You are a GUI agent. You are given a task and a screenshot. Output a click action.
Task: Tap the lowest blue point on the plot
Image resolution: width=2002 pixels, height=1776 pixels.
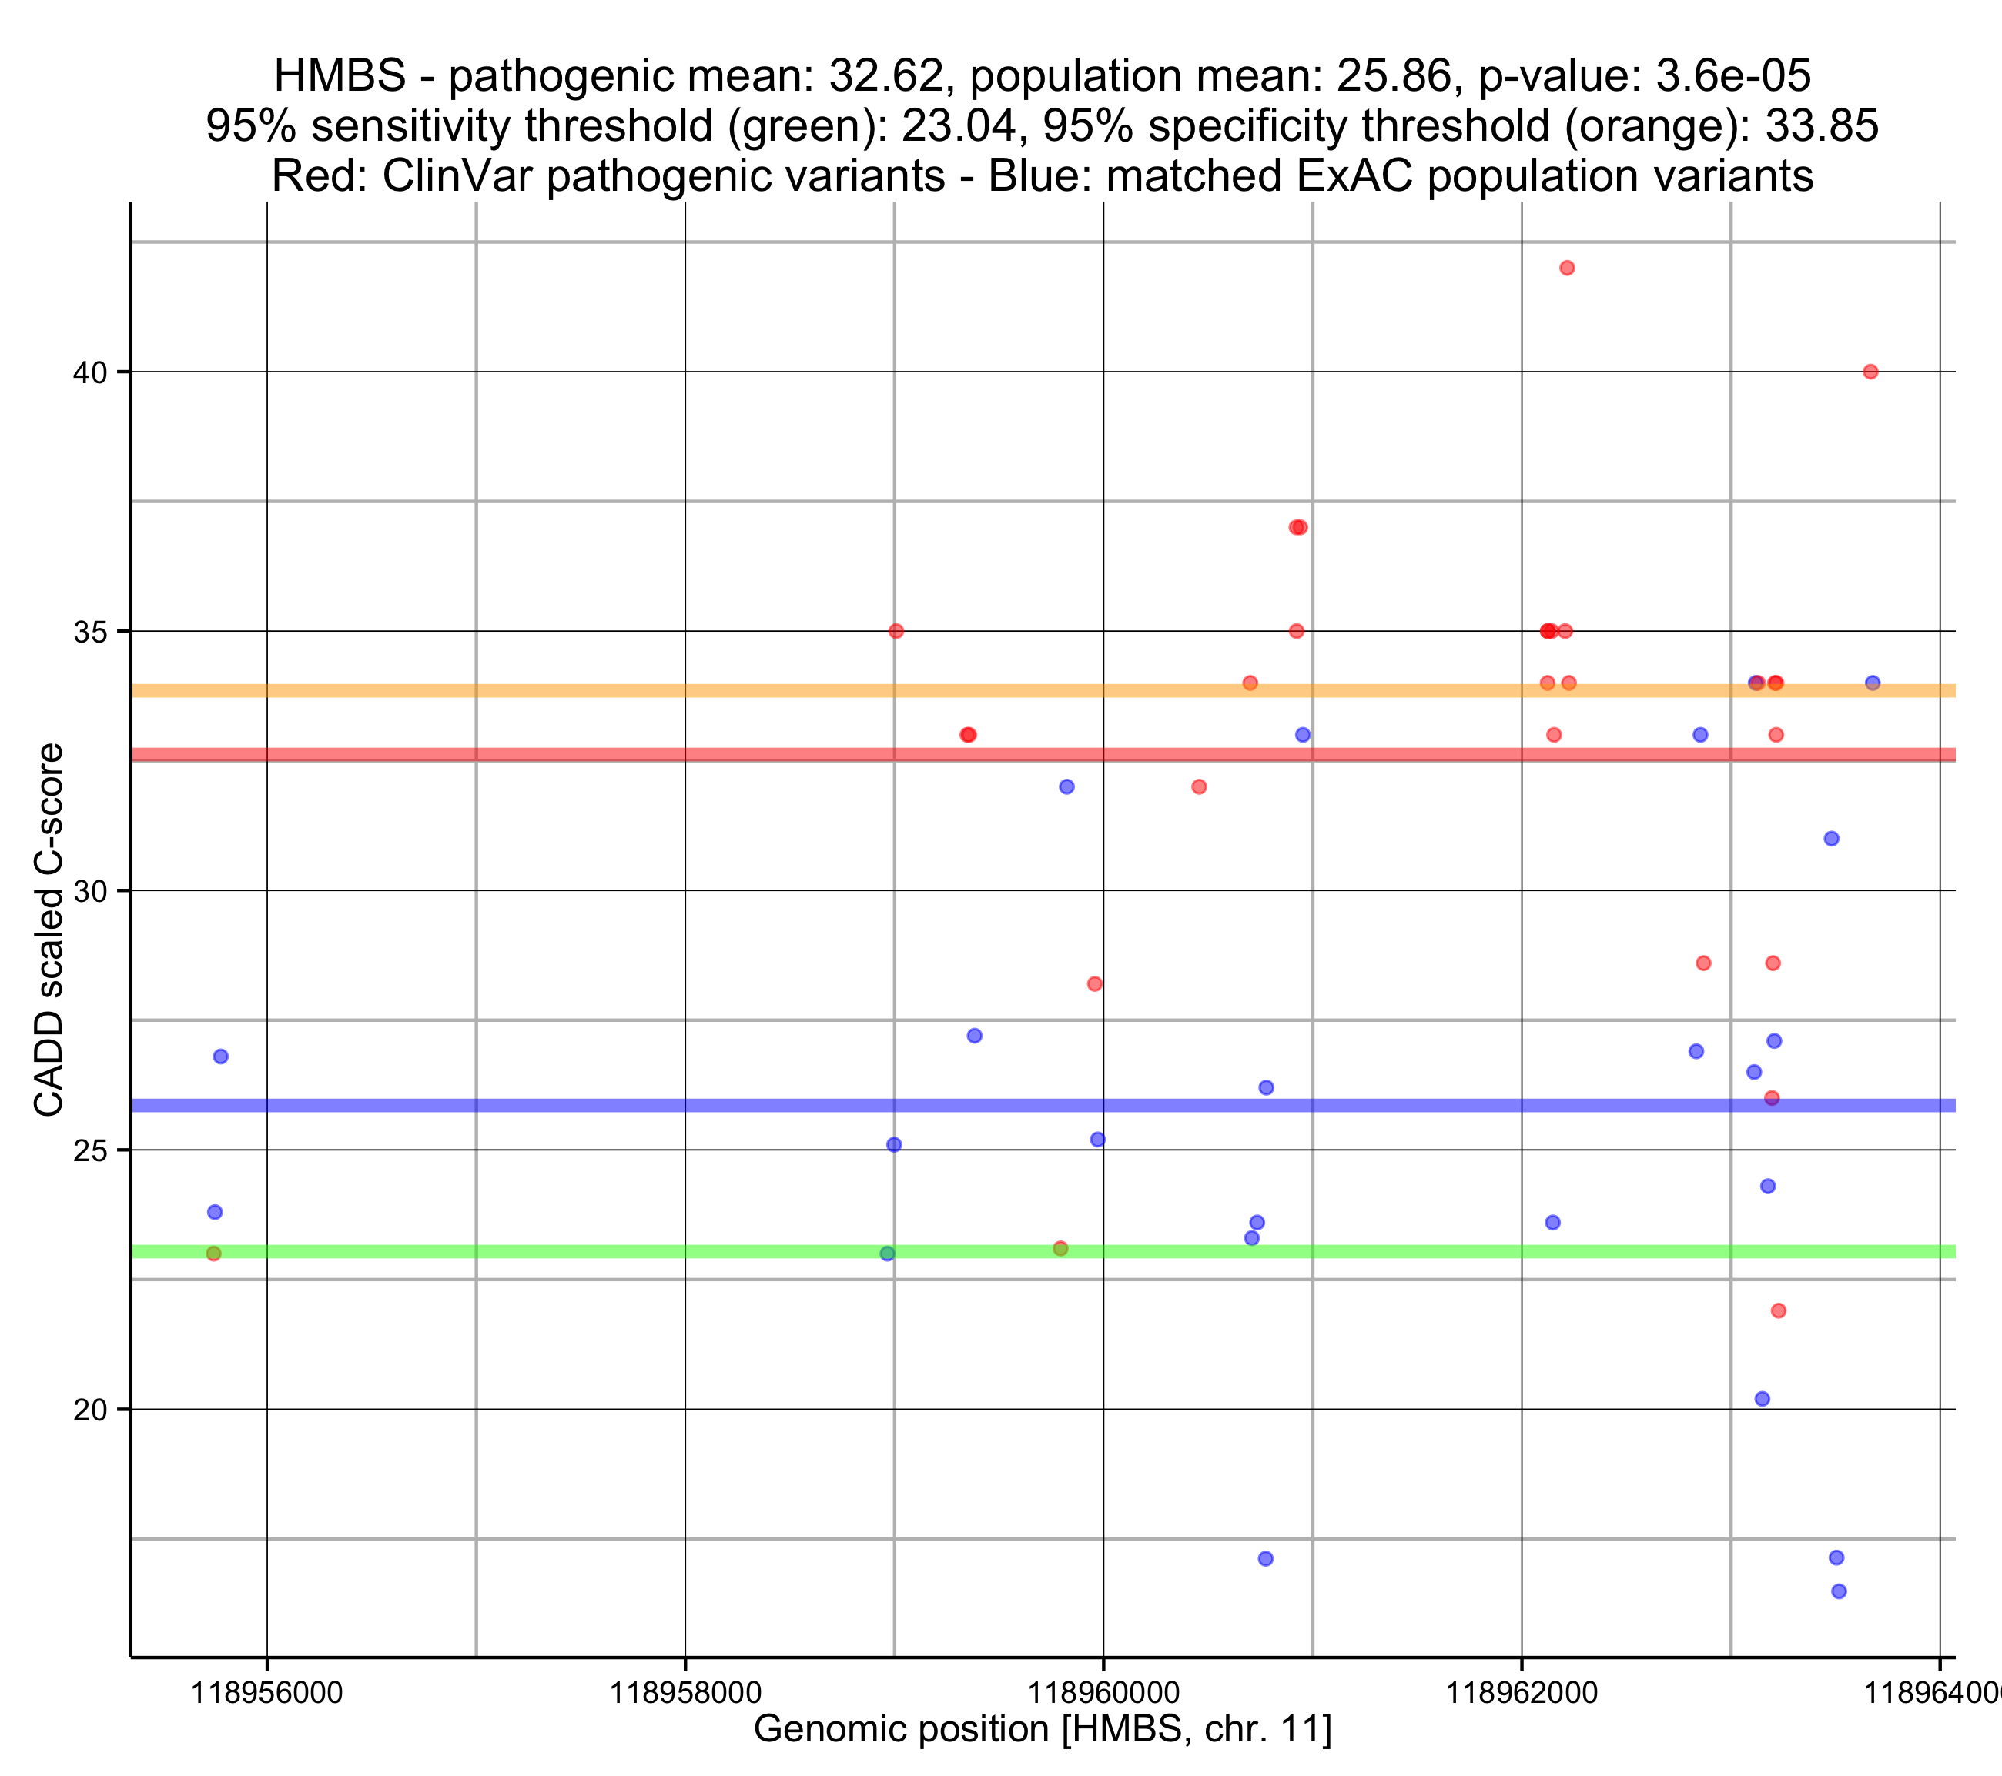tap(1840, 1592)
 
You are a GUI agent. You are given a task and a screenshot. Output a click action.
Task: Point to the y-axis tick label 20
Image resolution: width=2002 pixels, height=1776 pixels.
tap(90, 1410)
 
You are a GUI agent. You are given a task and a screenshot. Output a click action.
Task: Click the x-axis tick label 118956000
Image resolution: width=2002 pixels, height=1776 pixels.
tap(266, 1692)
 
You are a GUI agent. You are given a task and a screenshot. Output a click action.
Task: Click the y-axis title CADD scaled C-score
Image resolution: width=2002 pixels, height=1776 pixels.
tap(49, 930)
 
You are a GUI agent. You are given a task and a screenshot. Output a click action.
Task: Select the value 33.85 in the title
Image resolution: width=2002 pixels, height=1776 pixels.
tap(1822, 126)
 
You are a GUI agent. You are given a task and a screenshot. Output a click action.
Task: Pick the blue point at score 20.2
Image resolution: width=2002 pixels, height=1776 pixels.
tap(1762, 1399)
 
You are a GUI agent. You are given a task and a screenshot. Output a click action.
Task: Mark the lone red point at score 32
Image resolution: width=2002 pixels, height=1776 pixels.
tap(1199, 787)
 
